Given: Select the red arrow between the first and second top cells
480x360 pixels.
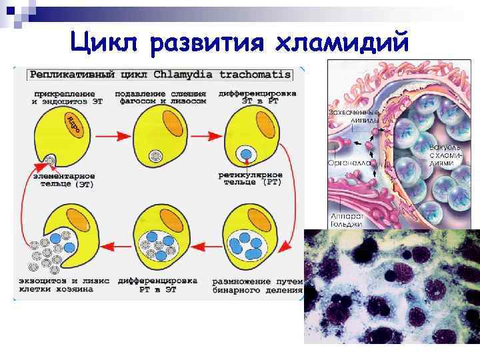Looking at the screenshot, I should pyautogui.click(x=112, y=136).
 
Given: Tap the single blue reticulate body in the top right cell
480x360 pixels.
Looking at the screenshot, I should pyautogui.click(x=246, y=154).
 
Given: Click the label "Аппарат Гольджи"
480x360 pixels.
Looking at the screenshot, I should pyautogui.click(x=347, y=220).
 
